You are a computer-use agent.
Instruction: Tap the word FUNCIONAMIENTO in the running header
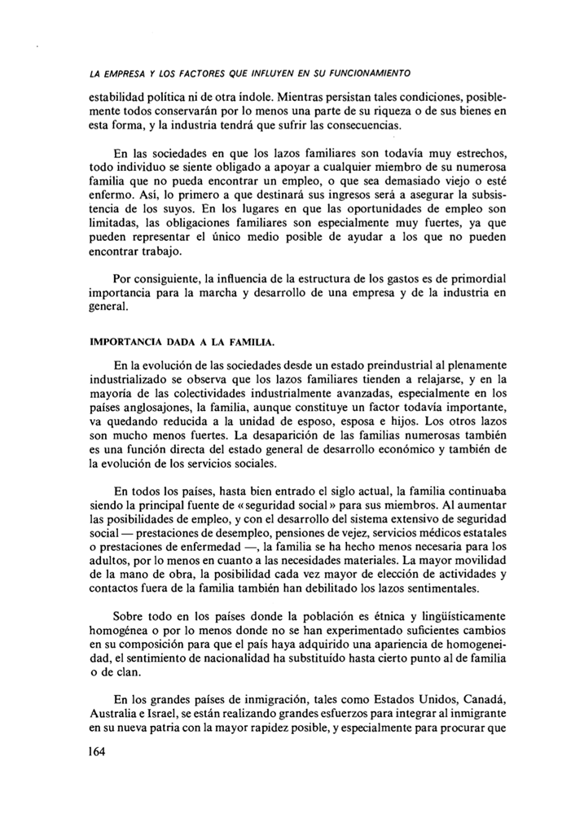coord(362,61)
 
